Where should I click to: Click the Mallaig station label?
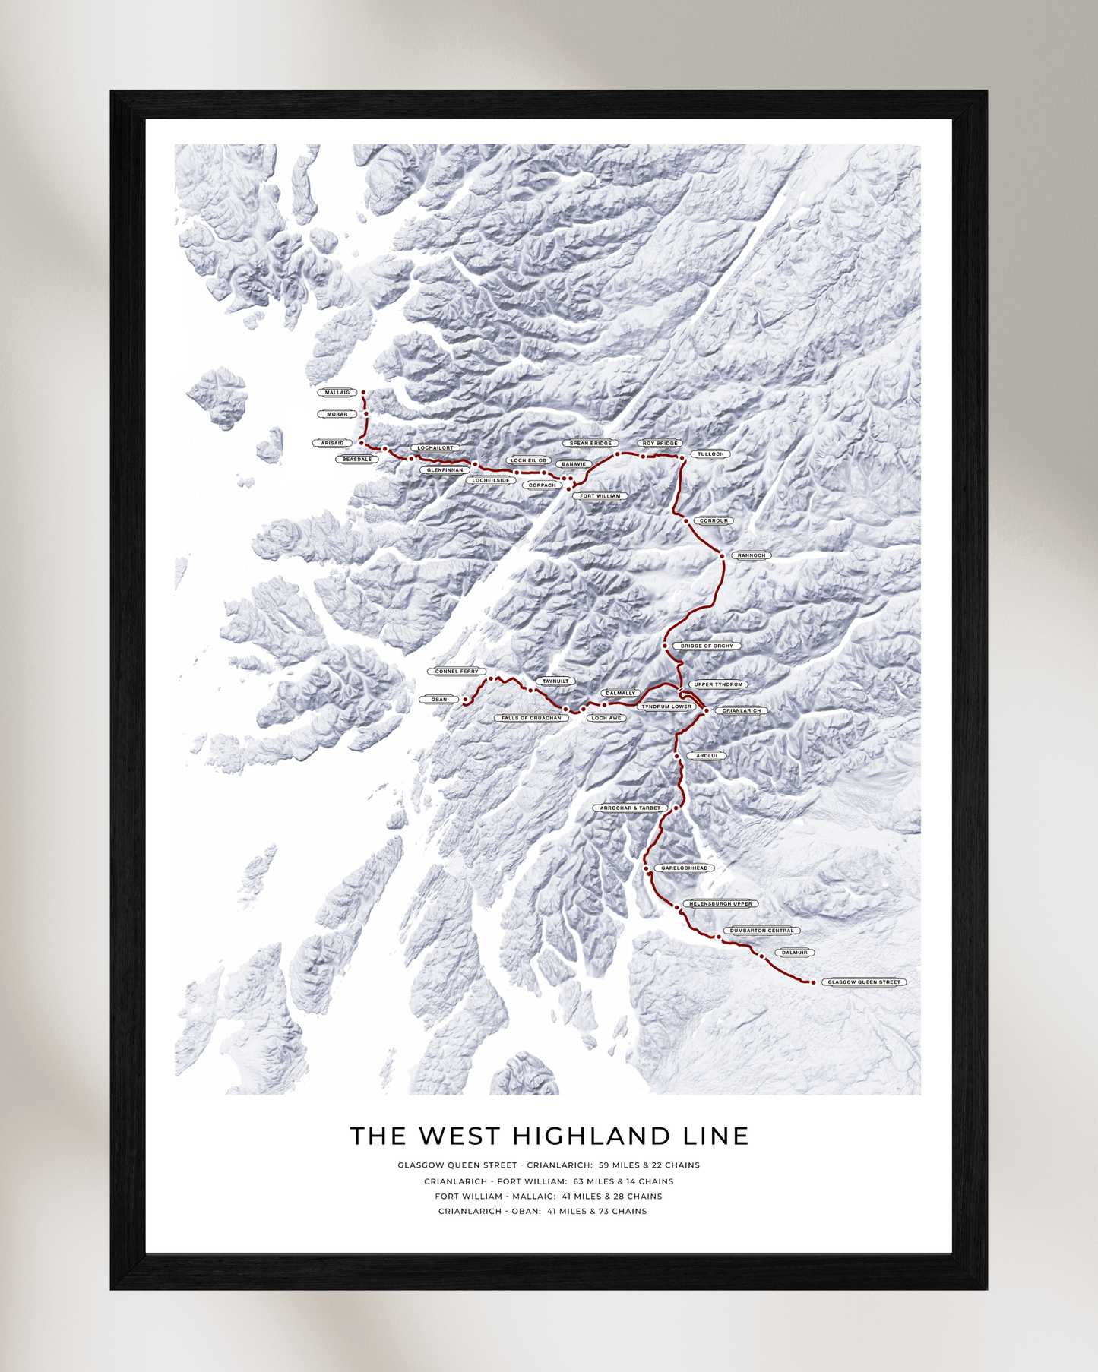[x=337, y=393]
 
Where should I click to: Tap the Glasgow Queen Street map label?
[x=863, y=982]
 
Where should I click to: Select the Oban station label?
[x=439, y=700]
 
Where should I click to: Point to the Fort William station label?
[x=600, y=496]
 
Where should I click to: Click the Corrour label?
[x=714, y=521]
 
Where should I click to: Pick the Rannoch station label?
[x=752, y=555]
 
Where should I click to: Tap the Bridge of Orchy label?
[x=707, y=646]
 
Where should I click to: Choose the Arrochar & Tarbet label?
[x=630, y=808]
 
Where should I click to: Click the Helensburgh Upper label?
[x=720, y=904]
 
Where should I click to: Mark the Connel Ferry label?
[x=457, y=672]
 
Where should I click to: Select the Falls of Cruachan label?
[x=531, y=718]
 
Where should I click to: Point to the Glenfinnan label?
[x=445, y=470]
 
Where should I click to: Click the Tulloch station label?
[x=710, y=454]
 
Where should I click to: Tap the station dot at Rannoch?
[x=723, y=556]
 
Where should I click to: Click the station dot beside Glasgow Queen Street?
[x=813, y=982]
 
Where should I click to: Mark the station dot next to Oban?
[x=465, y=700]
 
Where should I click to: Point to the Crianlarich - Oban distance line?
[x=543, y=1212]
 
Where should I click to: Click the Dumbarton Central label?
[x=761, y=931]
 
